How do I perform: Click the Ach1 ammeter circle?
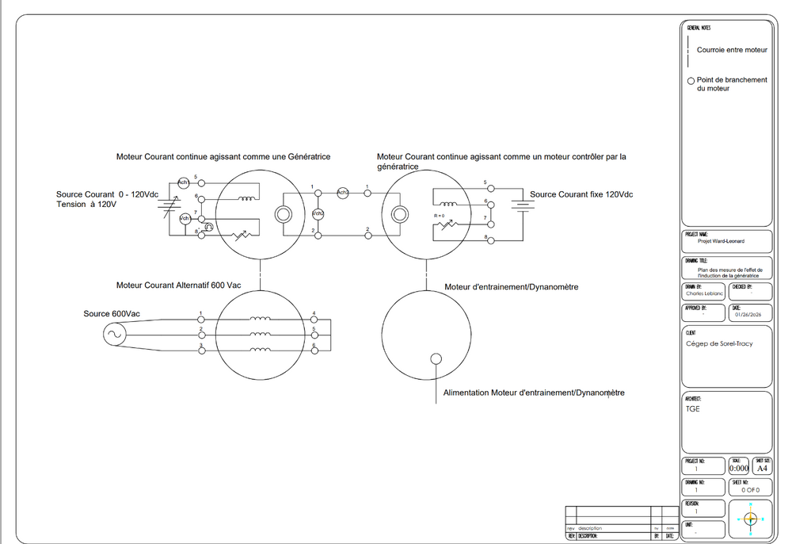183,182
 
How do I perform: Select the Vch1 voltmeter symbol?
184,218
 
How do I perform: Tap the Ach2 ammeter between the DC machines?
343,193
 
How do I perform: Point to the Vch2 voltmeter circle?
318,214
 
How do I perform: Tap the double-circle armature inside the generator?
283,214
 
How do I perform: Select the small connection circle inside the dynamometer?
436,358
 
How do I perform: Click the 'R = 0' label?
440,216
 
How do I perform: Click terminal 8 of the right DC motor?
490,239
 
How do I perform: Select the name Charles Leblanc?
705,293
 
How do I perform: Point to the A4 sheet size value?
762,469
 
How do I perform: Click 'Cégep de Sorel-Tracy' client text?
719,343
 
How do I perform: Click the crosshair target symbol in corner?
751,519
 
